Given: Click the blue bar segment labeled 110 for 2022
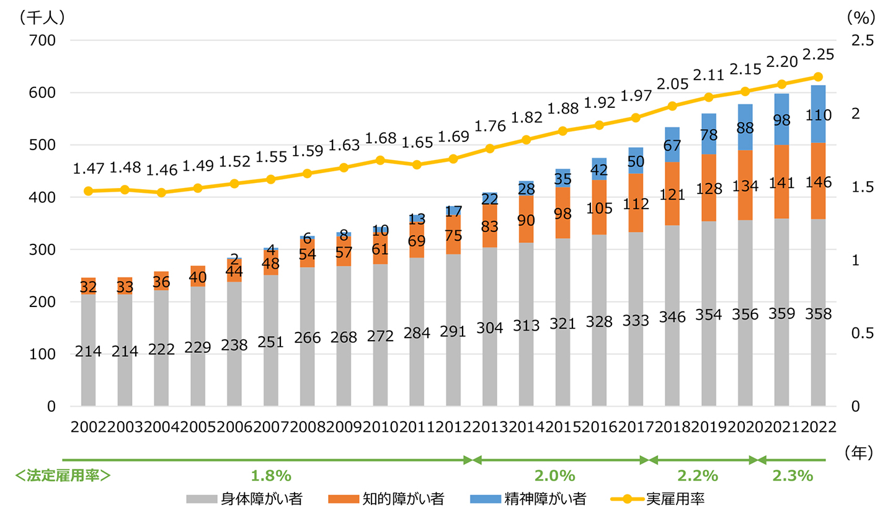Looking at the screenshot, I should click(x=817, y=114).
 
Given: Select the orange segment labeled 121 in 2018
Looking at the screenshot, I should click(x=672, y=195).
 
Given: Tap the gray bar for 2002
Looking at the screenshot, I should click(x=88, y=350).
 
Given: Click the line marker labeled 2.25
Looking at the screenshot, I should click(x=817, y=77).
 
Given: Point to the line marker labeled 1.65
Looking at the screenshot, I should click(x=417, y=164).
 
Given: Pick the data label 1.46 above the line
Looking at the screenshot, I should click(x=161, y=168).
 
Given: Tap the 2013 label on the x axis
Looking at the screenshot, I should click(x=489, y=427).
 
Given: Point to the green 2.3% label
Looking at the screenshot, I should click(x=793, y=476).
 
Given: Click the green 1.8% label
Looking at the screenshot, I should click(x=271, y=476).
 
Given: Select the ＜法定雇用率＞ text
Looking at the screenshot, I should click(x=63, y=476).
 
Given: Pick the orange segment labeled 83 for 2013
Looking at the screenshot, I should click(x=489, y=227).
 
